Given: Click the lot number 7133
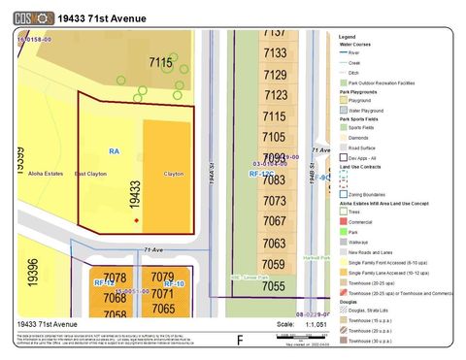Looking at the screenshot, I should [275, 53].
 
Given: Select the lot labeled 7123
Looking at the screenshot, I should [275, 95].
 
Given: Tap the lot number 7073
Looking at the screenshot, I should [275, 201].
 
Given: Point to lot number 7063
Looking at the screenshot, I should [275, 244].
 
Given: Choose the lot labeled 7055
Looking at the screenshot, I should [274, 286].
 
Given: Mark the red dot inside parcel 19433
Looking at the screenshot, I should [137, 220].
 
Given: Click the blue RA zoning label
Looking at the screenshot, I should [114, 151].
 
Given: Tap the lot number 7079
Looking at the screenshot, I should [163, 278].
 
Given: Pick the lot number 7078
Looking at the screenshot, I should [115, 278].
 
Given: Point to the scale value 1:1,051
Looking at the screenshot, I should [316, 324].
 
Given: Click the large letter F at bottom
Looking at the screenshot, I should [240, 340].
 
